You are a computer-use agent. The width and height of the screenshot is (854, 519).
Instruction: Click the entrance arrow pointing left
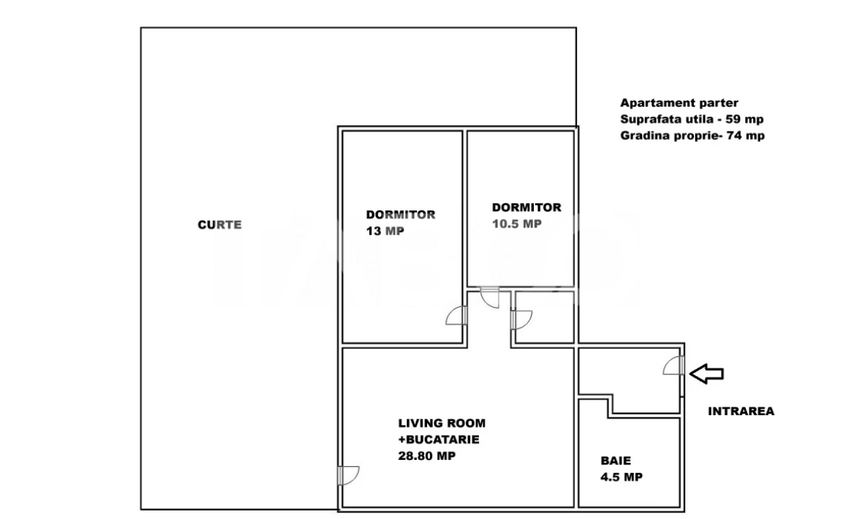pos(707,373)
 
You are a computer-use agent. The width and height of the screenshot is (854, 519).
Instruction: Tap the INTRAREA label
pos(740,411)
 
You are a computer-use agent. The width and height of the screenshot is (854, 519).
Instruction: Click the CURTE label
pos(220,225)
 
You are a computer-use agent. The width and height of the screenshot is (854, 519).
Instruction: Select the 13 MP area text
pos(385,231)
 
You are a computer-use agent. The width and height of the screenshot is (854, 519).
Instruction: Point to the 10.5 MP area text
pos(517,223)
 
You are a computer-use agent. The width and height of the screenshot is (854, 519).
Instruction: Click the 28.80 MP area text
pos(427,456)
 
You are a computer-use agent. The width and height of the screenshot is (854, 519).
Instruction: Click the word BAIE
pos(615,461)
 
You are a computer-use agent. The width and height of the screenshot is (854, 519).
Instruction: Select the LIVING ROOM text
pos(441,423)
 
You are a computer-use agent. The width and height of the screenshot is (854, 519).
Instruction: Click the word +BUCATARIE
pos(438,439)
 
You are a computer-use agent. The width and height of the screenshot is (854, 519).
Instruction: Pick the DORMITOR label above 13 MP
pos(401,214)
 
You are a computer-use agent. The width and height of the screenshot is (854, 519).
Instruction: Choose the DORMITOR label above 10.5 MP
pos(527,208)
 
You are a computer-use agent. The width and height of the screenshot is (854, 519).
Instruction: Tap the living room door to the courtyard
pos(349,475)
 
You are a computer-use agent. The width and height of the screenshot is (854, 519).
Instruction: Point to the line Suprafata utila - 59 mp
pos(692,119)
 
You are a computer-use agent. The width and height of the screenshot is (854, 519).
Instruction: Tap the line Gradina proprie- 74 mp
pos(692,136)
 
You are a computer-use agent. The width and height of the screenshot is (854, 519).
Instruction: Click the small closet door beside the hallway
pos(521,320)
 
